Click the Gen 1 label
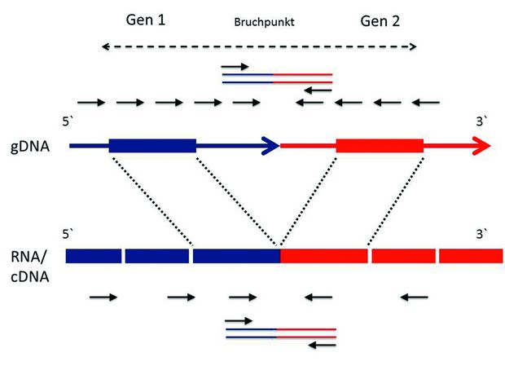click(x=146, y=20)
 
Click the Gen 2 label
click(x=380, y=21)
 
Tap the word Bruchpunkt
click(x=264, y=22)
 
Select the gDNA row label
click(x=30, y=147)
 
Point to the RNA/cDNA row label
click(x=29, y=267)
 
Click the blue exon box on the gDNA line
click(x=152, y=146)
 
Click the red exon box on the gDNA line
click(x=380, y=146)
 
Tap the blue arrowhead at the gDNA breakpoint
click(x=271, y=146)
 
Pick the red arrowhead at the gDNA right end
click(x=481, y=146)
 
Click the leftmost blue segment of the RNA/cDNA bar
click(x=94, y=256)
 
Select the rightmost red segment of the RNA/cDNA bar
click(x=471, y=256)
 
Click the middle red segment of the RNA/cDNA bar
click(x=403, y=256)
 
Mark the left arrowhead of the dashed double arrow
click(x=105, y=46)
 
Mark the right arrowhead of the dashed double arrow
click(x=413, y=46)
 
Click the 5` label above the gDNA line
click(x=68, y=121)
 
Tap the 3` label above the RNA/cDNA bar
click(x=481, y=234)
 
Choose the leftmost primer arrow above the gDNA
click(x=91, y=103)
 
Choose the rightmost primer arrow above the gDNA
click(x=426, y=103)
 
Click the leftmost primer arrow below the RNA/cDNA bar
click(x=103, y=297)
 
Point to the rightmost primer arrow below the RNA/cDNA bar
click(x=414, y=297)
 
